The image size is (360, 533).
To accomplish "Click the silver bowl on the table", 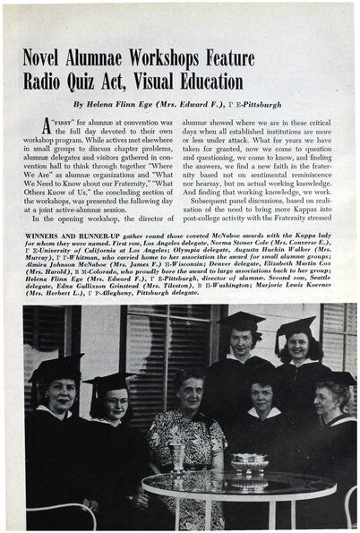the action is [x=248, y=465].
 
